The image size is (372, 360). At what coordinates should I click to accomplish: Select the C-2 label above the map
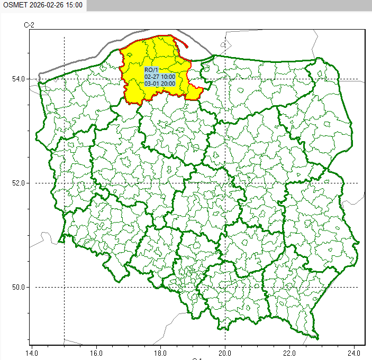pyautogui.click(x=29, y=25)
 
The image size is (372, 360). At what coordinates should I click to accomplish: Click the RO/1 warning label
pyautogui.click(x=151, y=70)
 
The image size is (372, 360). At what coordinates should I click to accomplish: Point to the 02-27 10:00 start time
pyautogui.click(x=160, y=77)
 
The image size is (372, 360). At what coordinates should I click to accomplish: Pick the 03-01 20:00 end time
pyautogui.click(x=160, y=83)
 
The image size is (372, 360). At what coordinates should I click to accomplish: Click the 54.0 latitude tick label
pyautogui.click(x=19, y=79)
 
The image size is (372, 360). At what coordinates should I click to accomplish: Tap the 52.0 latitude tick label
pyautogui.click(x=19, y=183)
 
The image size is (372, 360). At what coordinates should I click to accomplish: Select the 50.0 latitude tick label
pyautogui.click(x=19, y=288)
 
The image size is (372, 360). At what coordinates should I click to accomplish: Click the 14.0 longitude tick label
pyautogui.click(x=32, y=351)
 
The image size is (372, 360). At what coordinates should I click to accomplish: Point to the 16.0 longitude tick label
pyautogui.click(x=96, y=351)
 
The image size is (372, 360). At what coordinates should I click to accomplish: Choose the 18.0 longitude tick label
pyautogui.click(x=161, y=351)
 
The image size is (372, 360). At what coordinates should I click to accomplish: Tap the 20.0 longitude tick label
pyautogui.click(x=225, y=351)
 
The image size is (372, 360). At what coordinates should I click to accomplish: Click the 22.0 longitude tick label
pyautogui.click(x=290, y=351)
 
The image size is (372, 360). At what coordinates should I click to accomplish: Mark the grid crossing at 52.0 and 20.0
pyautogui.click(x=225, y=183)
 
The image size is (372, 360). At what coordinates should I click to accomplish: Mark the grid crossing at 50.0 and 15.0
pyautogui.click(x=64, y=288)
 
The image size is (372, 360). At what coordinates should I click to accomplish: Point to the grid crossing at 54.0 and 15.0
pyautogui.click(x=64, y=79)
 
